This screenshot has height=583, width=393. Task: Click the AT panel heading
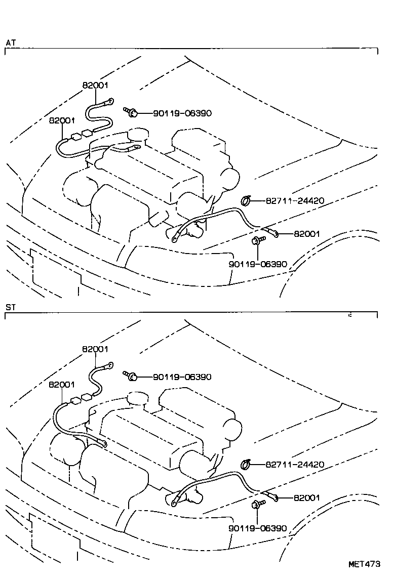pos(11,43)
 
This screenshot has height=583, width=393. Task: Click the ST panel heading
pos(11,307)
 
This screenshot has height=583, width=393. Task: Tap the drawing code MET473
pos(364,564)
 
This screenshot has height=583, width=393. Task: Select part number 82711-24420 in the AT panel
pos(295,200)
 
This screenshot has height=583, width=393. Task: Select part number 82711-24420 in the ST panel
pos(295,465)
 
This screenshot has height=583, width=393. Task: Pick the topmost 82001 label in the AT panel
pos(95,86)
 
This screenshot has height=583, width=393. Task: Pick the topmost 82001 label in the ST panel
pos(95,349)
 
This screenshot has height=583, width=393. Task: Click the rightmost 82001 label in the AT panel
pos(307,234)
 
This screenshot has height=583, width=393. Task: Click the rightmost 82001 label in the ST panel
pos(307,497)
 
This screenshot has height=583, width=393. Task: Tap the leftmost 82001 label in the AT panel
pos(62,120)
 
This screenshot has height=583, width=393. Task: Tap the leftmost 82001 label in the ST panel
pos(62,385)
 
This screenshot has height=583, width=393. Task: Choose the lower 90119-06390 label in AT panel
pos(258,264)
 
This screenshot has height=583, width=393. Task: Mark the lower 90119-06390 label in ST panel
pos(258,528)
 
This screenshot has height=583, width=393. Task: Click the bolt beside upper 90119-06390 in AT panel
pos(131,112)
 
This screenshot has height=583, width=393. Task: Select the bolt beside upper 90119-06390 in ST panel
pos(131,376)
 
